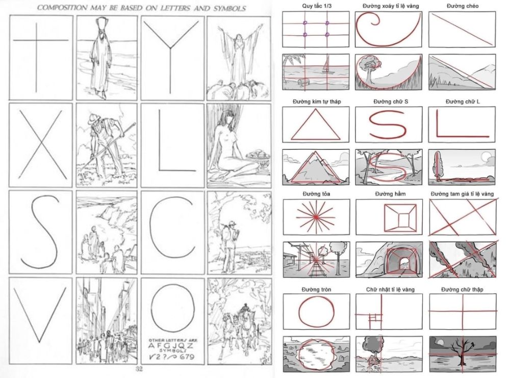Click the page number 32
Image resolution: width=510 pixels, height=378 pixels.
tap(139, 369)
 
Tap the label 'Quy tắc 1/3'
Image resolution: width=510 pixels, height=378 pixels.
tap(317, 6)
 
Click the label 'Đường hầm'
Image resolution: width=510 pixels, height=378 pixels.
tap(390, 194)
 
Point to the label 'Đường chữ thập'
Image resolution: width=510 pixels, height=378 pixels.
tap(462, 289)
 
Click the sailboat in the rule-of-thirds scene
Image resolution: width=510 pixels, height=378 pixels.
tap(326, 65)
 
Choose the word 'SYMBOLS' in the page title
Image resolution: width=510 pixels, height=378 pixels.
tap(229, 9)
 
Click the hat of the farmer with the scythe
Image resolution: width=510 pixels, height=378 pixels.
tap(94, 117)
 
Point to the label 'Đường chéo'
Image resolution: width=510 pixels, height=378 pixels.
tap(463, 6)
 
